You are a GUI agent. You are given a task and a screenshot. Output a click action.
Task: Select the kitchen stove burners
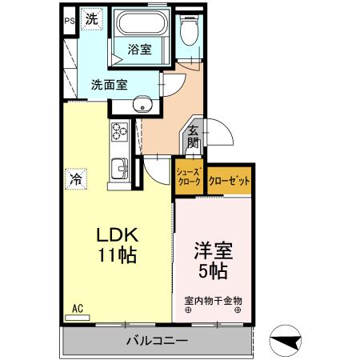[119, 131]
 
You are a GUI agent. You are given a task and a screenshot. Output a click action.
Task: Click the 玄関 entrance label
[193, 138]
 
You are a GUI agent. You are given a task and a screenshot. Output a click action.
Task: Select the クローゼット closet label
[230, 181]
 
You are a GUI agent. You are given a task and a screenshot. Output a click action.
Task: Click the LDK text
[118, 236]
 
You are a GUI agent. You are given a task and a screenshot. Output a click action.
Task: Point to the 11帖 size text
[118, 257]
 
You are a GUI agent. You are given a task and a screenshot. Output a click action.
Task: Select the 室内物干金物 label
[214, 301]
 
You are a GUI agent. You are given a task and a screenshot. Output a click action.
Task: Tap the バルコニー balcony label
[158, 342]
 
